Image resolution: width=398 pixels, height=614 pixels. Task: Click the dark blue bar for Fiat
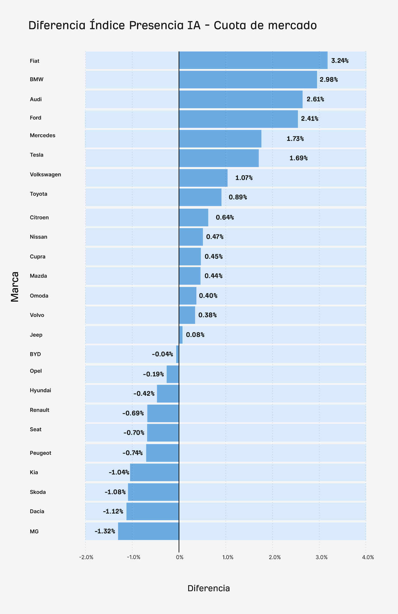point(253,60)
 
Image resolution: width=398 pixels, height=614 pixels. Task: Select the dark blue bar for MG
point(148,531)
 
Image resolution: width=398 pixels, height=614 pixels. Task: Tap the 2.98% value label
point(329,80)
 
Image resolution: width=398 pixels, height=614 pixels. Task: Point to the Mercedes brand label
point(43,136)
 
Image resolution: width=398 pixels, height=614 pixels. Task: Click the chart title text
point(173,25)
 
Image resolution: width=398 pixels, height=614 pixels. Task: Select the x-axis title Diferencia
point(209,589)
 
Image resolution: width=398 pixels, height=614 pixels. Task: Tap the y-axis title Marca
point(15,287)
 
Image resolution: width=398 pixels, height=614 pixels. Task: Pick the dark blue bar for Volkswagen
point(203,178)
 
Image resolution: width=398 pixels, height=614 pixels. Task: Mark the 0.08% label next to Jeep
point(195,335)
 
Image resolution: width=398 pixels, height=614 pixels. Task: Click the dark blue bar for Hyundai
point(168,394)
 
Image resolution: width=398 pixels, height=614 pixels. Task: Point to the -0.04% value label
point(162,354)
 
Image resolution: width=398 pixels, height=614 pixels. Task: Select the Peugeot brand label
point(40,453)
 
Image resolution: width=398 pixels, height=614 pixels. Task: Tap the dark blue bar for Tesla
point(219,158)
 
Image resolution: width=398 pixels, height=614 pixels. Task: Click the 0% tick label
point(180,557)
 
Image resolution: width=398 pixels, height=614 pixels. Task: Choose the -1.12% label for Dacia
point(113,511)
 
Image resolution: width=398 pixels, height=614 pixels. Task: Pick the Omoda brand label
point(39,296)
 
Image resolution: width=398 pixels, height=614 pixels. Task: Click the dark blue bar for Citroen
point(194,217)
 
